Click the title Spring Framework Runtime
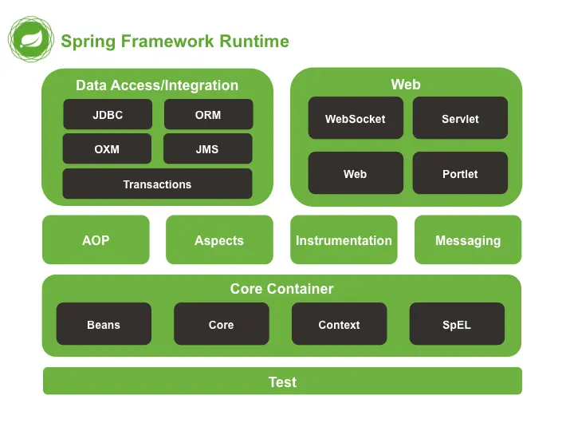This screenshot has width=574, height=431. click(175, 42)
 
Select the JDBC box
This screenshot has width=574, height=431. click(108, 115)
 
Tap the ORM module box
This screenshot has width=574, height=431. click(208, 115)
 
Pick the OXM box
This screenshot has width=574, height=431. click(107, 149)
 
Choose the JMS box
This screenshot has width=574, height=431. click(207, 149)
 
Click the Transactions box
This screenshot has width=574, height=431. click(157, 184)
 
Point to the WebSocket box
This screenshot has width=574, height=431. click(355, 119)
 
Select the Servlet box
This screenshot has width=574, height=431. click(460, 119)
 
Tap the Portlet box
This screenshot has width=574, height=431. click(460, 174)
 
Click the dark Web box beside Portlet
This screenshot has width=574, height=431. click(355, 174)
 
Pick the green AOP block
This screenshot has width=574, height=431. click(96, 240)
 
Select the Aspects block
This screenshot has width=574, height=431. click(219, 240)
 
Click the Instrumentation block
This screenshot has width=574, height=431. click(344, 240)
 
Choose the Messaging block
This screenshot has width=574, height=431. click(468, 240)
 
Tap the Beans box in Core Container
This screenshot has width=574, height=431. click(104, 325)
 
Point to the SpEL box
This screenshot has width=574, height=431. click(457, 325)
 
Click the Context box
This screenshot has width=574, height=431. click(339, 325)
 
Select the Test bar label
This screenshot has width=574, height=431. click(282, 382)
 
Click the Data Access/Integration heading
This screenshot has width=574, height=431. click(157, 85)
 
